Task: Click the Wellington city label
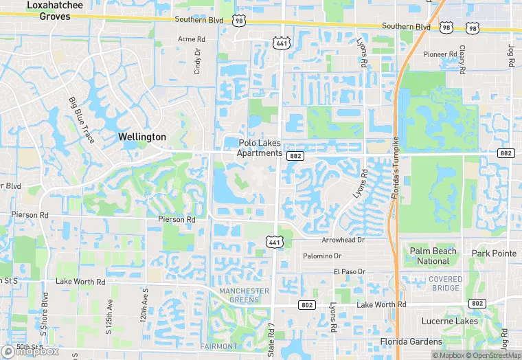click(x=142, y=137)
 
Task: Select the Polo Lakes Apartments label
click(x=260, y=148)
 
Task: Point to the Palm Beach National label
click(x=433, y=256)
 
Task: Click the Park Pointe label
click(x=494, y=254)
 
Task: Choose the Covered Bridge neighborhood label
click(x=445, y=283)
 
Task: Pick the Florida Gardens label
click(x=411, y=341)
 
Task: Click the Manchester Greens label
click(x=244, y=295)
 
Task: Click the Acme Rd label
click(x=192, y=39)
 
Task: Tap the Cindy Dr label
click(x=198, y=61)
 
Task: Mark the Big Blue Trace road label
click(x=80, y=117)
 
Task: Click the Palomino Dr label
click(x=323, y=256)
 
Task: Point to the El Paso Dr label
click(x=350, y=272)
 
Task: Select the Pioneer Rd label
click(x=440, y=54)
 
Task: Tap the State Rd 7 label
click(x=271, y=339)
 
